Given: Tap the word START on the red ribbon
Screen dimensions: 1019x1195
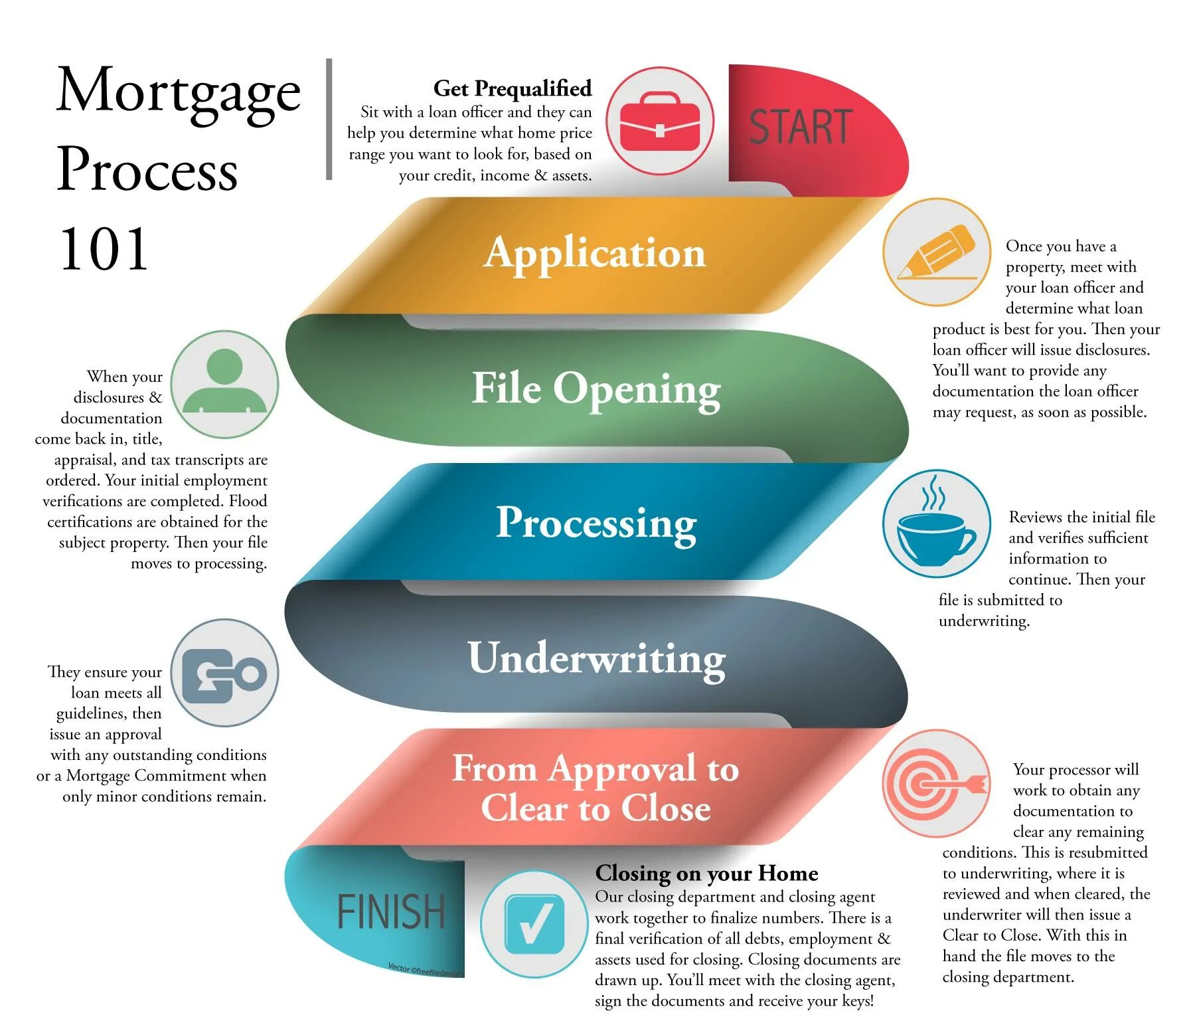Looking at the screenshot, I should click(x=801, y=127).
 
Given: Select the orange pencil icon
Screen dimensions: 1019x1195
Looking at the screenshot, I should click(x=936, y=252).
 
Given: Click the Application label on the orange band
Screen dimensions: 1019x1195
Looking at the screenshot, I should click(x=594, y=253).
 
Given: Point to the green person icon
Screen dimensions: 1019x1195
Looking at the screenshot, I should click(x=224, y=383).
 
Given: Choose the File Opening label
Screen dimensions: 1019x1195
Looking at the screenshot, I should click(x=596, y=389).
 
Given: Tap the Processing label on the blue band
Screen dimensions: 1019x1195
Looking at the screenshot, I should click(x=596, y=523).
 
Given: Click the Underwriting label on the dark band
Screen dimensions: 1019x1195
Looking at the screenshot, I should click(x=596, y=658).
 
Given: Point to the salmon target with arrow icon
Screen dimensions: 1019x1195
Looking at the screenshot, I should click(x=936, y=784).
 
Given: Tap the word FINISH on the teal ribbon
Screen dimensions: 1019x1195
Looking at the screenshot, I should click(x=390, y=911).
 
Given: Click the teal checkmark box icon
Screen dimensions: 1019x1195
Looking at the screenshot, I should click(x=534, y=923).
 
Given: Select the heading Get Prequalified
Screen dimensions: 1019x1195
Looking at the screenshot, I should click(x=512, y=88).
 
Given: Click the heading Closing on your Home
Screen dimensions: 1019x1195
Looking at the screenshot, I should click(x=706, y=873).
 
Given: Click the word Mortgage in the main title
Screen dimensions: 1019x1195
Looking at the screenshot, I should click(x=178, y=92).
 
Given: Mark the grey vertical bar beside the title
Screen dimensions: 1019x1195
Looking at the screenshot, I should click(x=329, y=120).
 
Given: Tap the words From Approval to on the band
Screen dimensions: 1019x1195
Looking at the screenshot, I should click(x=595, y=769).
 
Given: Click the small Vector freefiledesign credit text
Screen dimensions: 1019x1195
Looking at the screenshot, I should click(x=425, y=971).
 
